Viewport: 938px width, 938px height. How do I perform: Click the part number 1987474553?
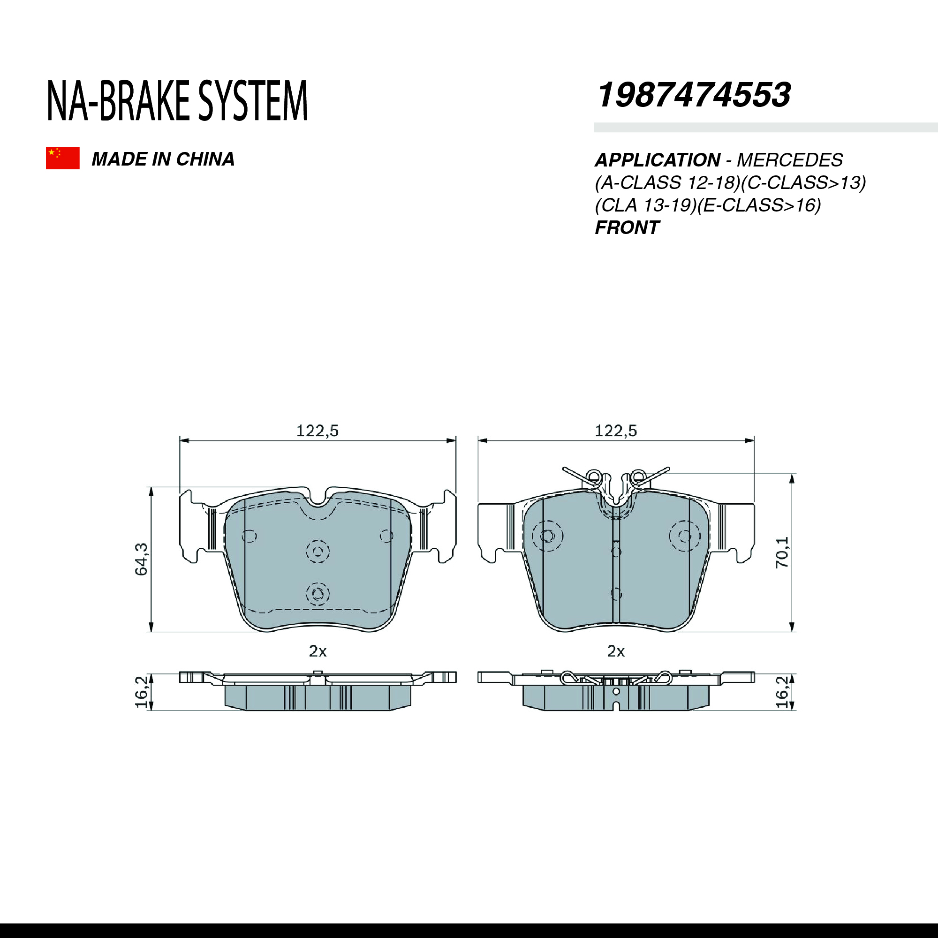click(694, 95)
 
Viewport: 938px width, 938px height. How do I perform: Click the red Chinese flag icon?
click(63, 158)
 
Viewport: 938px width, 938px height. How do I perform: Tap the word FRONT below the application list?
click(627, 228)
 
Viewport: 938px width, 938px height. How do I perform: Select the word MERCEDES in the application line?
click(789, 160)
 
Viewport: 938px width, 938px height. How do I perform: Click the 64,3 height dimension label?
click(141, 560)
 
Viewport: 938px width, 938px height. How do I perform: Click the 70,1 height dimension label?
click(782, 552)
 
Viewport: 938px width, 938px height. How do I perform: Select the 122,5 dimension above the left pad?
click(317, 431)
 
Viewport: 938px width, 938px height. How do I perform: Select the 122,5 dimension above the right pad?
click(616, 431)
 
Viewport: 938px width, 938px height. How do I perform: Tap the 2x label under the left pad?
click(318, 651)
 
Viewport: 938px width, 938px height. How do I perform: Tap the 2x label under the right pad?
click(616, 651)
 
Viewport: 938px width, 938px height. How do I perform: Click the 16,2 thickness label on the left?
click(141, 692)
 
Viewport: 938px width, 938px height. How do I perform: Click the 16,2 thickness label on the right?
click(782, 692)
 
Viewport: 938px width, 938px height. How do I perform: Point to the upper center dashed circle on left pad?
click(318, 551)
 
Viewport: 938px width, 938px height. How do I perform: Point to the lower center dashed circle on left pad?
click(318, 593)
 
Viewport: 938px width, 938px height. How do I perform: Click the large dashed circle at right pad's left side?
click(547, 536)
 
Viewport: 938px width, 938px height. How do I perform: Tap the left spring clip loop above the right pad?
click(594, 475)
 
